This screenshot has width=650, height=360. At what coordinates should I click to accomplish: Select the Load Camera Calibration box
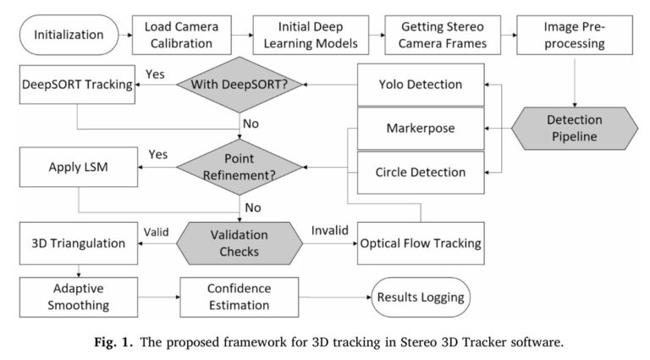[x=179, y=36]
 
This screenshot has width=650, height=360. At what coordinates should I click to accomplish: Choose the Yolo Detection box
[x=421, y=84]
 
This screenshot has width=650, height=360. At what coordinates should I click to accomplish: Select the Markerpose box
[x=421, y=128]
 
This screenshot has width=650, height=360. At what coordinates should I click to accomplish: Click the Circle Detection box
[x=421, y=172]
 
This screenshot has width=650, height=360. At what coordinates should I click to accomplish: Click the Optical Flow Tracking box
[x=421, y=243]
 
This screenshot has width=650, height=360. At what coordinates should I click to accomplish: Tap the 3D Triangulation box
[x=77, y=243]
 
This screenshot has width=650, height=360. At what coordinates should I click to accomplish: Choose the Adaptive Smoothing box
[x=77, y=297]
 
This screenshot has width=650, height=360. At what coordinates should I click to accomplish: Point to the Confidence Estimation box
[x=240, y=297]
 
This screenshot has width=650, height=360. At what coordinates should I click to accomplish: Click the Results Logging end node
[x=421, y=297]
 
